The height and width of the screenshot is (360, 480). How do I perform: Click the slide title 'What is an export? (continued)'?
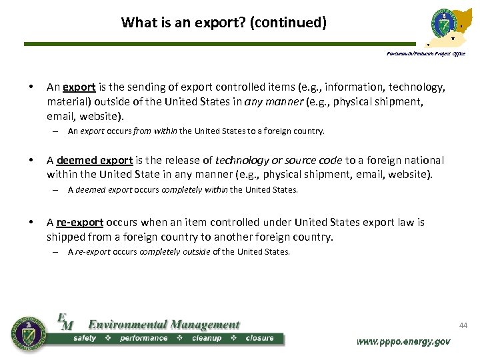[x=224, y=23]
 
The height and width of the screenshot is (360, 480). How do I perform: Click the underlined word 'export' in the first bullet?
[x=81, y=87]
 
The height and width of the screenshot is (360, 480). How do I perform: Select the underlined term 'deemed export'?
[x=95, y=160]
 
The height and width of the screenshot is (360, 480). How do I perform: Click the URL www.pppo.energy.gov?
[x=403, y=341]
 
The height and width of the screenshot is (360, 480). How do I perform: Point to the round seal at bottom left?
[x=29, y=333]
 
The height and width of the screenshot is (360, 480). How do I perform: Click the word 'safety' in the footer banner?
[x=85, y=339]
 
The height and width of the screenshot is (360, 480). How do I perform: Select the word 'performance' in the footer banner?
[x=143, y=339]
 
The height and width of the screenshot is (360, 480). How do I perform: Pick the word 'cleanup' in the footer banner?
[x=207, y=339]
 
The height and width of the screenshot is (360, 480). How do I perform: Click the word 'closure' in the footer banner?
[x=259, y=339]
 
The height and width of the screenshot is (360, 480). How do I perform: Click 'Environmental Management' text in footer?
[x=164, y=325]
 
